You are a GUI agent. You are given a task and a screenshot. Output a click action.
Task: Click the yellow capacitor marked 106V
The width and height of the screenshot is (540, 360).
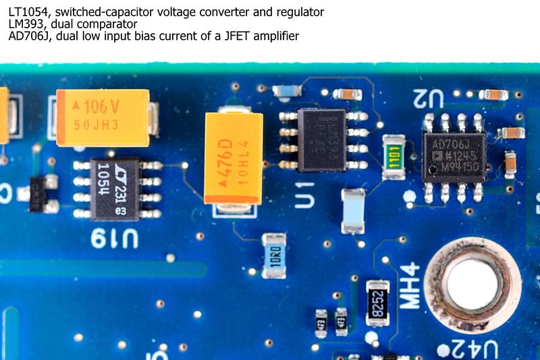click(x=103, y=118)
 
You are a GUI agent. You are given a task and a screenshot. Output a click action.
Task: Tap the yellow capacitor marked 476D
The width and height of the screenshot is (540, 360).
click(x=234, y=158)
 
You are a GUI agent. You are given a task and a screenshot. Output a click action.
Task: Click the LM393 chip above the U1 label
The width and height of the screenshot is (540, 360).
click(x=323, y=140)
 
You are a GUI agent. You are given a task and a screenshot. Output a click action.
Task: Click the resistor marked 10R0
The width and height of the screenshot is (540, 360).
click(x=273, y=256)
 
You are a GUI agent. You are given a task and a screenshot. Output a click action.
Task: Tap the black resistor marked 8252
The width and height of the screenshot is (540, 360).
click(x=377, y=303)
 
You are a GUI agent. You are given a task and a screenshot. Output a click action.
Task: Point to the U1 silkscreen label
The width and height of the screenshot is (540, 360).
click(x=306, y=192)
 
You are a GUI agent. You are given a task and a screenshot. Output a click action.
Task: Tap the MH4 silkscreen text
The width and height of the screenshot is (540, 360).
click(x=410, y=286)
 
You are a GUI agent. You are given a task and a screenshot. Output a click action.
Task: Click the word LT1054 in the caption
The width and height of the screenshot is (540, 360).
click(x=29, y=11)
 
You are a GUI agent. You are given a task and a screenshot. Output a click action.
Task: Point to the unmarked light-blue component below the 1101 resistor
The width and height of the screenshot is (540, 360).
click(x=352, y=211)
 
